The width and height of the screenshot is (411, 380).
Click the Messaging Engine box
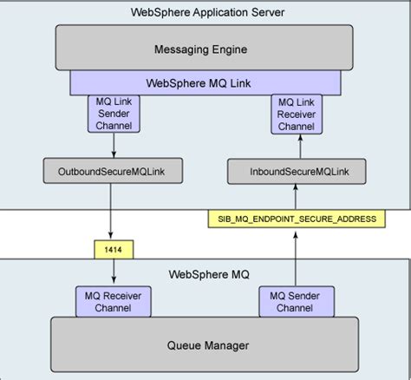206,48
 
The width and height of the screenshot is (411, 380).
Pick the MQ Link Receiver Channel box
297,114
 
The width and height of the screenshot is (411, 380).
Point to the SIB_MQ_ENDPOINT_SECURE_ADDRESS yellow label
297,219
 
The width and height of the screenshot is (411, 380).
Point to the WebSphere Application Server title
206,12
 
